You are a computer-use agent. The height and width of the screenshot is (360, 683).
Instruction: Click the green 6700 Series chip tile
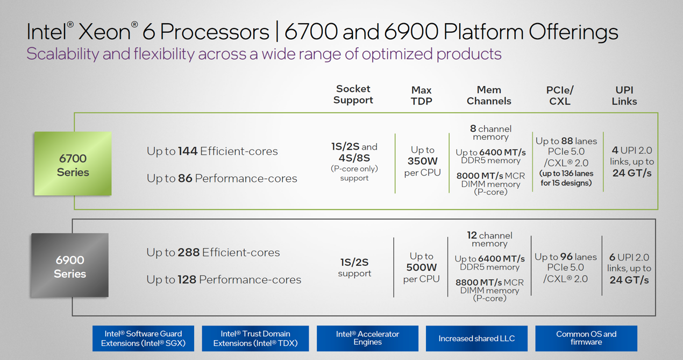pyautogui.click(x=73, y=164)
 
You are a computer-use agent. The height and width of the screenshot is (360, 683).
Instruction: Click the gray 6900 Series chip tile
pyautogui.click(x=70, y=265)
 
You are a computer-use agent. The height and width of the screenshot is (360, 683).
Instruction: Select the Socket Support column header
pyautogui.click(x=353, y=94)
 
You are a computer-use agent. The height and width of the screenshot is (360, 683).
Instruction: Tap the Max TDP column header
pyautogui.click(x=422, y=95)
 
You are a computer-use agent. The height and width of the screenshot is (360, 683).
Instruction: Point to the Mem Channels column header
pyautogui.click(x=489, y=95)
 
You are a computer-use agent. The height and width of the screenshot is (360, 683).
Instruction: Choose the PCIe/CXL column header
pyautogui.click(x=560, y=95)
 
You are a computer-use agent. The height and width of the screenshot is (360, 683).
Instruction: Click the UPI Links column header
pyautogui.click(x=624, y=95)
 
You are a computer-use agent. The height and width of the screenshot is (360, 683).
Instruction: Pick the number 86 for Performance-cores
pyautogui.click(x=185, y=178)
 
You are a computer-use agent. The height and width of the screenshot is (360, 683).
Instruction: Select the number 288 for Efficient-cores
pyautogui.click(x=189, y=252)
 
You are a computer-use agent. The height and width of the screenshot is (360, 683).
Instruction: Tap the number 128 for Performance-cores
pyautogui.click(x=187, y=279)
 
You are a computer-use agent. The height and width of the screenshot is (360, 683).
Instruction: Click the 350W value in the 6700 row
pyautogui.click(x=423, y=161)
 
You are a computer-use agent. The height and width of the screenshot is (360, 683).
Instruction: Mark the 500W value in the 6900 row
pyautogui.click(x=422, y=267)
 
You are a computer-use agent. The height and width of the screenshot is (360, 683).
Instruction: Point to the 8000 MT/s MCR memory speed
pyautogui.click(x=480, y=175)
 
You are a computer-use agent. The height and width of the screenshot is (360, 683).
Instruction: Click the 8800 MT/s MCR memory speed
pyautogui.click(x=479, y=282)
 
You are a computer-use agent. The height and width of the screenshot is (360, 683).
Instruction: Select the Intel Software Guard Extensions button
pyautogui.click(x=143, y=338)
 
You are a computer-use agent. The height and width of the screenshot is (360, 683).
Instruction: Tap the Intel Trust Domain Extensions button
pyautogui.click(x=255, y=338)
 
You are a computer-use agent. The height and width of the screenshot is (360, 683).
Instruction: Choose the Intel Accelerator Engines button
pyautogui.click(x=367, y=338)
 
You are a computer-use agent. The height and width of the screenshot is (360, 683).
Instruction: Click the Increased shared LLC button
pyautogui.click(x=476, y=338)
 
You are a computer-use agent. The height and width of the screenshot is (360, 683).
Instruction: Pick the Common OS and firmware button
pyautogui.click(x=586, y=338)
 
